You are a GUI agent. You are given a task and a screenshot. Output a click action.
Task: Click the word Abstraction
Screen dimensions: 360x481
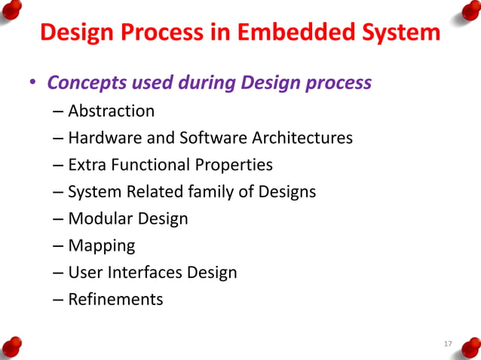pos(111,111)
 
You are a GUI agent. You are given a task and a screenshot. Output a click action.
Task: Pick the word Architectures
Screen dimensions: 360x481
pos(305,139)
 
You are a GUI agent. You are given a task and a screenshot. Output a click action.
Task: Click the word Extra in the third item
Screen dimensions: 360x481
pos(87,165)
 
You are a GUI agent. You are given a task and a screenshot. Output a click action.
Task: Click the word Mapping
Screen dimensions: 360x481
pos(101,246)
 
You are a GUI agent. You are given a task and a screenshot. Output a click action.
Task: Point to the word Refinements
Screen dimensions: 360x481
pos(115,300)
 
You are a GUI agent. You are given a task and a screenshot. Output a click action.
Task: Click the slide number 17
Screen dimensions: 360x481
pos(447,344)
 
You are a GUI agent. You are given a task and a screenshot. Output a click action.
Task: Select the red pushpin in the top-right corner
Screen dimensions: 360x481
pos(469,11)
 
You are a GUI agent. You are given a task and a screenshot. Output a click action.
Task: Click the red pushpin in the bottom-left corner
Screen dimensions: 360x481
pos(11,347)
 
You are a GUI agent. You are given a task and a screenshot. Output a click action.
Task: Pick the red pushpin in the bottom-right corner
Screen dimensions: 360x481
pos(469,347)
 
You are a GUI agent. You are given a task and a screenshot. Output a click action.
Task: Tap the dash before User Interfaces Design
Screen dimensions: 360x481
pos(59,273)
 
